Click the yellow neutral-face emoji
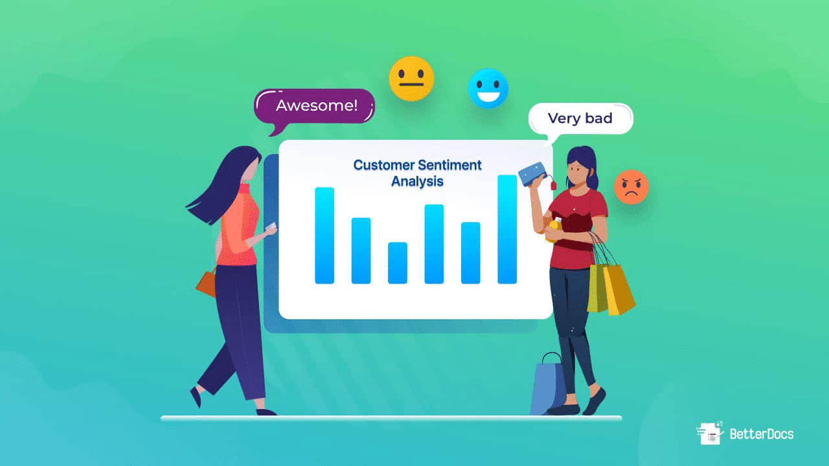[x=411, y=78]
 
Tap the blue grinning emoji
[x=488, y=88]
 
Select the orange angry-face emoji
[x=631, y=187]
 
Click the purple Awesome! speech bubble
[x=315, y=106]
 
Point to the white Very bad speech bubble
[x=581, y=118]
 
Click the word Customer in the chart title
[x=385, y=165]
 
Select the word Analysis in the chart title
[x=417, y=181]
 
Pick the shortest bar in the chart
[x=397, y=263]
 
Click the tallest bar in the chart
[x=507, y=229]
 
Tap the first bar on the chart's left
[x=324, y=236]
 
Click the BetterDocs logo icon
[x=710, y=433]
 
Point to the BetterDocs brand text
[x=761, y=434]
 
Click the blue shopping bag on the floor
[x=548, y=387]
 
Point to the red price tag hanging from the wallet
[x=554, y=184]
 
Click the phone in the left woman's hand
[x=273, y=227]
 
